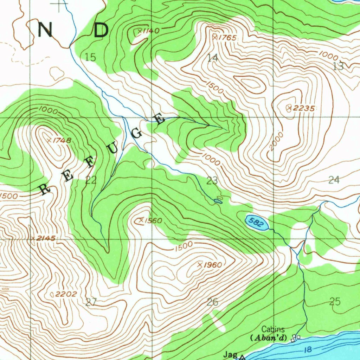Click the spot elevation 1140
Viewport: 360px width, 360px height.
150,31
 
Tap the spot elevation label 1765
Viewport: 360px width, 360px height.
227,38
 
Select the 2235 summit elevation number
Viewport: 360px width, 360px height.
303,109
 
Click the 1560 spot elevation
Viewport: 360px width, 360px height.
153,221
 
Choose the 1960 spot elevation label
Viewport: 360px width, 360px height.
213,265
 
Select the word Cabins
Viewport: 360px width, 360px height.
273,329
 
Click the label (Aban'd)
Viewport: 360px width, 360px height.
269,338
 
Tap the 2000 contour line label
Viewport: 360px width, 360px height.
277,141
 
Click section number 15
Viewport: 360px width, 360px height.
91,57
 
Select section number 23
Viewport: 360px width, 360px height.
212,181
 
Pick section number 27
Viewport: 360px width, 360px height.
91,302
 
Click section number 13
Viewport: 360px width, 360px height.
338,66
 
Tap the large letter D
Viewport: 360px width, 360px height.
101,31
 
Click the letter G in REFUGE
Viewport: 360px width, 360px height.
137,134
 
